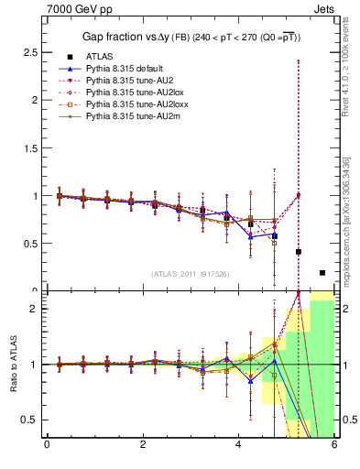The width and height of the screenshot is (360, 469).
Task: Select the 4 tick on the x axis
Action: pos(238,446)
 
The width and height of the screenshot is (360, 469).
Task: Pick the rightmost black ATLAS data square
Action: pos(322,273)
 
